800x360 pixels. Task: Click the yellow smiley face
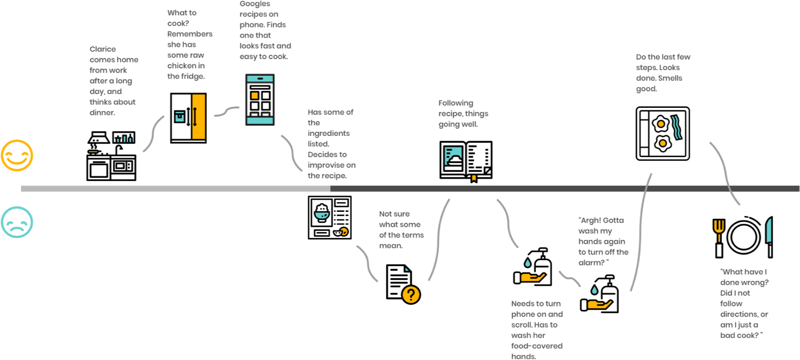click(17, 156)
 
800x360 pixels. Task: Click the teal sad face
click(17, 222)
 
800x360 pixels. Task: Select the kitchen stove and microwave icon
click(112, 156)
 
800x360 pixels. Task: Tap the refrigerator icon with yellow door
click(188, 118)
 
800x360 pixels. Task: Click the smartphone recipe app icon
click(260, 100)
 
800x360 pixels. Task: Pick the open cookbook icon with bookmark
click(466, 161)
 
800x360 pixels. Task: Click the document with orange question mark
click(403, 284)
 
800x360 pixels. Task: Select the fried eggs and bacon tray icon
click(662, 134)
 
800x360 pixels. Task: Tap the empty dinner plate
click(744, 236)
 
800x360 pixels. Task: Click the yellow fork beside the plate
click(719, 238)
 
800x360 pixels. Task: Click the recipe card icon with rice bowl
click(330, 218)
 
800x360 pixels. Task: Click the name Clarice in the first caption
click(103, 49)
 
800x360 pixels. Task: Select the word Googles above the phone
click(254, 4)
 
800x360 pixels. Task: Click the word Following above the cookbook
click(456, 103)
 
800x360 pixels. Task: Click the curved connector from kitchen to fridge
click(153, 133)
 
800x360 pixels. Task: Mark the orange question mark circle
click(411, 295)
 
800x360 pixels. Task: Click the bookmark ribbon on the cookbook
click(474, 178)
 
